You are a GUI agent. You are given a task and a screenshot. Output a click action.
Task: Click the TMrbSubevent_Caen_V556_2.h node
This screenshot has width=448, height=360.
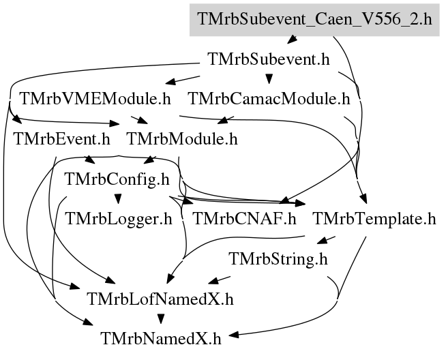(314, 20)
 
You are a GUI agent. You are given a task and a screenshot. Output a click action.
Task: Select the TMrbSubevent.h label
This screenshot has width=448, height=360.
(269, 59)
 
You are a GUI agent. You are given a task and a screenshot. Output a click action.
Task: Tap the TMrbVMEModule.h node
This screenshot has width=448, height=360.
(95, 99)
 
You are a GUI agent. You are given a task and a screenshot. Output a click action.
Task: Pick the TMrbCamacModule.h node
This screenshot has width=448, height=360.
(269, 99)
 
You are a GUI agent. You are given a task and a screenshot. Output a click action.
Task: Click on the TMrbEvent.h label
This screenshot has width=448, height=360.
(62, 139)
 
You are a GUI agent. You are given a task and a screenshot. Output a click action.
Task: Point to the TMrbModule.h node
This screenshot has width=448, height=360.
(182, 139)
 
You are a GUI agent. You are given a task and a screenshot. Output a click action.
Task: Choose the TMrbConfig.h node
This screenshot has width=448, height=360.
(117, 179)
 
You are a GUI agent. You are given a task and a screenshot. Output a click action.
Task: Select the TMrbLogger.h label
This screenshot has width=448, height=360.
(119, 219)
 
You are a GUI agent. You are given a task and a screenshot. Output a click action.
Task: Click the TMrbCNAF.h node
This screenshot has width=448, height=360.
(245, 219)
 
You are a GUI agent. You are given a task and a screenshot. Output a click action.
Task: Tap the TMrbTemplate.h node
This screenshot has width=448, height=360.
(374, 219)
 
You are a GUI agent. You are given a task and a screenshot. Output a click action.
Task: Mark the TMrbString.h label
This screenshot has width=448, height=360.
(278, 259)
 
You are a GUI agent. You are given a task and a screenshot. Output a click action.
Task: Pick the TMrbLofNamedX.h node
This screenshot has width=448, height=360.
(160, 299)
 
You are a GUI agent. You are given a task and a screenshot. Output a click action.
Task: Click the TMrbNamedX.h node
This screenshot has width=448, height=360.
(161, 339)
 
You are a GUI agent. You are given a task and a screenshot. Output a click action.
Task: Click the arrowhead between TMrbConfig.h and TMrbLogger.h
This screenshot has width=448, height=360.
(118, 199)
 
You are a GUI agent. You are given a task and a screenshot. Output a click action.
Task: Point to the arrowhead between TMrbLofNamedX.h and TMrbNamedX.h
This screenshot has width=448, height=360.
(161, 319)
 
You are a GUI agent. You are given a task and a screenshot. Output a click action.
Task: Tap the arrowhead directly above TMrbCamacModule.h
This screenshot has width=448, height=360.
(269, 79)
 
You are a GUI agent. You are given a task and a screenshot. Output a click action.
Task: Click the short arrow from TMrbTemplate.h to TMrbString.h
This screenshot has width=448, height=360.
(326, 240)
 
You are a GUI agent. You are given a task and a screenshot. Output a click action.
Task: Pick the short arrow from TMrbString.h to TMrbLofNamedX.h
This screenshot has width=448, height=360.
(219, 280)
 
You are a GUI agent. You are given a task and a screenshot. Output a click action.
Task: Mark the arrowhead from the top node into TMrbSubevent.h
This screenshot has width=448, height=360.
(292, 40)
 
